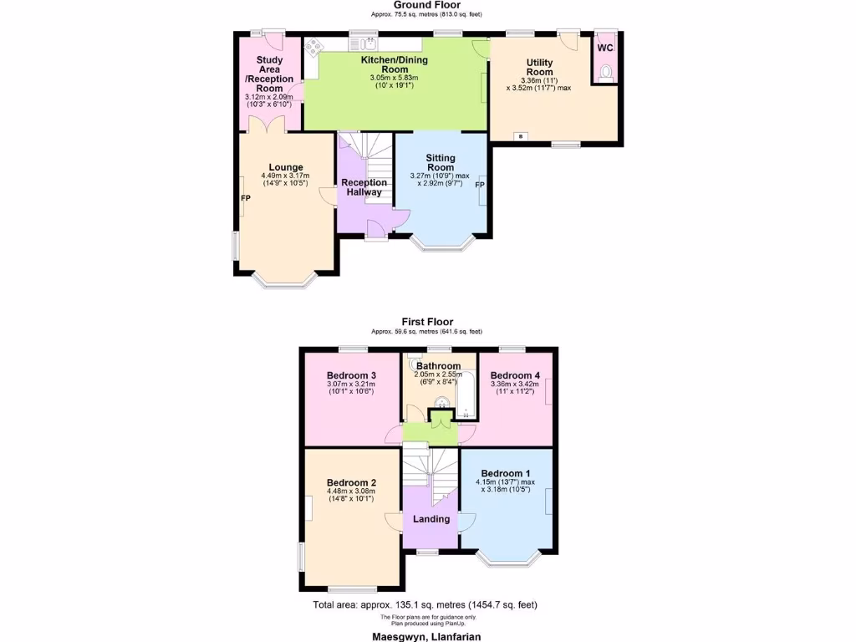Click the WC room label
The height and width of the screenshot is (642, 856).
pos(604,48)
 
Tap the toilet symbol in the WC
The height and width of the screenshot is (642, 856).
pos(605,73)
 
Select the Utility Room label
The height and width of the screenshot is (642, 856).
pos(539,67)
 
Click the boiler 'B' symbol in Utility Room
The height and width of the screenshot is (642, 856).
pos(521,136)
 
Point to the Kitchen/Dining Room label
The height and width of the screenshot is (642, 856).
pos(394,64)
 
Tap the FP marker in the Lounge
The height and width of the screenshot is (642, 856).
pos(246,198)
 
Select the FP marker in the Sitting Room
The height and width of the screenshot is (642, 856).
pos(480,185)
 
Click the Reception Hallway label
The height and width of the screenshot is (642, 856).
pos(364,187)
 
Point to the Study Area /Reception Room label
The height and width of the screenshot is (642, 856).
pos(269,74)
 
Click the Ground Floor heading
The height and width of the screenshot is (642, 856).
pos(427,5)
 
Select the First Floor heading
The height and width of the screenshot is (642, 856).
pos(427,321)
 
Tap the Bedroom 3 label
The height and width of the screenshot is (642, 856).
pos(351,375)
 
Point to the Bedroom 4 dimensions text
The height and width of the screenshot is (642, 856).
pos(514,387)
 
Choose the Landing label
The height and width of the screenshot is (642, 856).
pos(431,519)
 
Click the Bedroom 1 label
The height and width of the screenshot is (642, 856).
pos(506,474)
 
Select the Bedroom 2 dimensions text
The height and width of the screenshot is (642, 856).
pos(351,496)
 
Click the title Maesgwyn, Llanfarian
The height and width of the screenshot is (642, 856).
pos(427,635)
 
